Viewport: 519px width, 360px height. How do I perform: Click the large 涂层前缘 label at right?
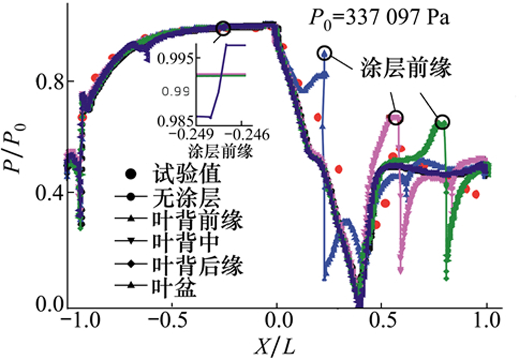point(405,69)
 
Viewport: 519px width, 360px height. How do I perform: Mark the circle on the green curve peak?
point(442,122)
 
